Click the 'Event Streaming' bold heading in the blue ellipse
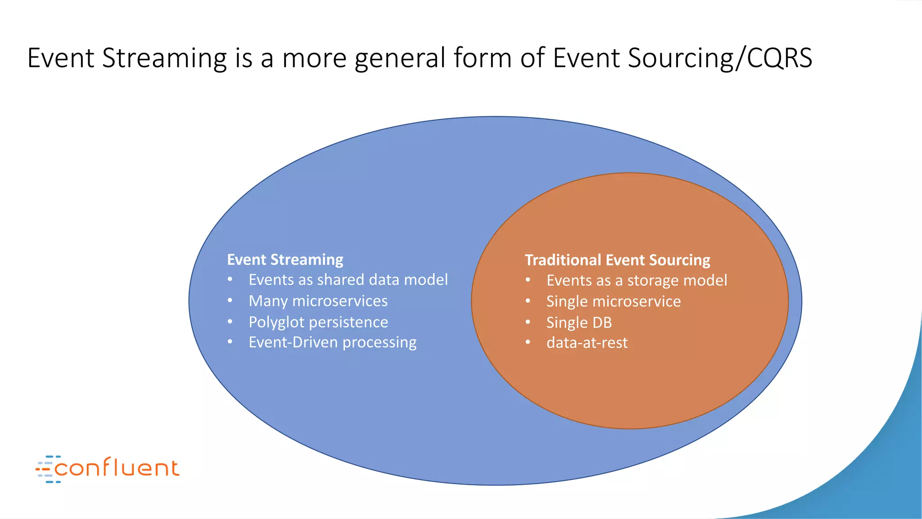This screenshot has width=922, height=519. click(x=285, y=259)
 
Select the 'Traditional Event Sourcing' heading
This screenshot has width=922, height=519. click(x=617, y=260)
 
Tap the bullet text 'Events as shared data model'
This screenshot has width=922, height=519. click(x=348, y=280)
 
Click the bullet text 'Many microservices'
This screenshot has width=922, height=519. click(x=318, y=301)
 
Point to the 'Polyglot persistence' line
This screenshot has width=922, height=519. click(x=318, y=322)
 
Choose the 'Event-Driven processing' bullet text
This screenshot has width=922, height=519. click(x=332, y=342)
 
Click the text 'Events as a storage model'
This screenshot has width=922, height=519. click(x=637, y=280)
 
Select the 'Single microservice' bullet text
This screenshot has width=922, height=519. click(x=613, y=301)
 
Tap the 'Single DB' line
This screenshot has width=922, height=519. click(x=579, y=323)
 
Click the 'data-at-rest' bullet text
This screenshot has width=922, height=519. click(x=587, y=343)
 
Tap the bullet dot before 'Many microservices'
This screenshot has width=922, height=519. click(x=230, y=300)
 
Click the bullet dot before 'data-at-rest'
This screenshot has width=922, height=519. click(x=528, y=342)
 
